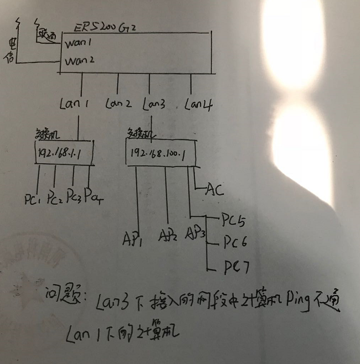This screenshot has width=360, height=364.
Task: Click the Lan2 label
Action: point(117,103)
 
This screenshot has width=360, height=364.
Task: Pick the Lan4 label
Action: point(198,103)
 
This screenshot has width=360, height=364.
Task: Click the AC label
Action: point(214,191)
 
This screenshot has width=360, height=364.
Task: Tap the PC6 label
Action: point(235,243)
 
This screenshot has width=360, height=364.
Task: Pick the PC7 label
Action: point(236,269)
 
